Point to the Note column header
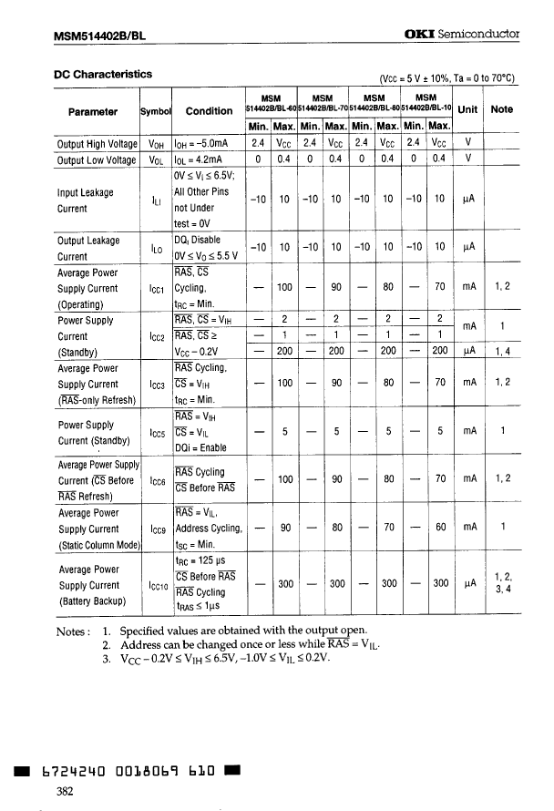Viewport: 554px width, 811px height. [501, 109]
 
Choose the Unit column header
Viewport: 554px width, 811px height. [468, 109]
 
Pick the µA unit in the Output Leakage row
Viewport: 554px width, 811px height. [468, 247]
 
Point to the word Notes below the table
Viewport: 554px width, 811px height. [73, 631]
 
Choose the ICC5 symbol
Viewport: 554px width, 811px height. [156, 433]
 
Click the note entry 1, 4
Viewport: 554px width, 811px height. [502, 353]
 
